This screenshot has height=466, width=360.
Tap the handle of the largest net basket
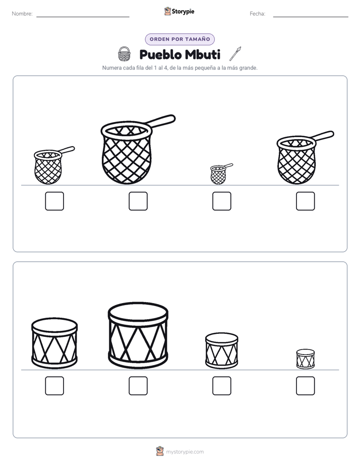tap(162, 121)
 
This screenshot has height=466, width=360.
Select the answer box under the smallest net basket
tap(221, 201)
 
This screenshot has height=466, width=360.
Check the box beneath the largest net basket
tap(138, 201)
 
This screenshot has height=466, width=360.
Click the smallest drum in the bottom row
tap(306, 359)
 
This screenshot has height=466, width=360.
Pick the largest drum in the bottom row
tap(138, 335)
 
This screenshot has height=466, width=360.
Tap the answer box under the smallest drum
tap(306, 386)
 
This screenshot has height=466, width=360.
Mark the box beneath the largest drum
tap(138, 386)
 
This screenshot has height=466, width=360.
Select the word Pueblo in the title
tap(160, 54)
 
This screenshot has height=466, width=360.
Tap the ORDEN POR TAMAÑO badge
tap(179, 39)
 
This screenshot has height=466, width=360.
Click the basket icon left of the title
tap(124, 54)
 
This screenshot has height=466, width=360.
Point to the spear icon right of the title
tap(235, 54)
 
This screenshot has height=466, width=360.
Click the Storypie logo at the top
tap(179, 12)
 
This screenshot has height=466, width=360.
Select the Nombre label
tap(22, 14)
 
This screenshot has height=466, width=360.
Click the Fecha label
tap(258, 14)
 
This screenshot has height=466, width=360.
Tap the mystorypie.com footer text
tap(185, 452)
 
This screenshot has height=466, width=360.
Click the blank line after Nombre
tap(83, 17)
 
